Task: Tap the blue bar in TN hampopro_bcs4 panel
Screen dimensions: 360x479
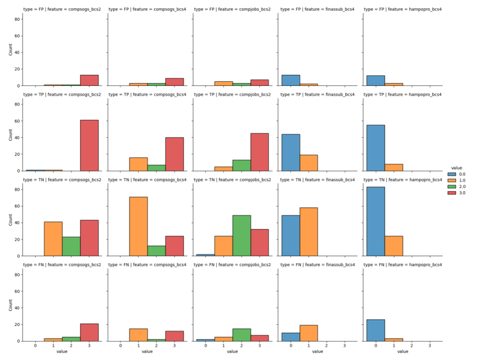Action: tap(375, 221)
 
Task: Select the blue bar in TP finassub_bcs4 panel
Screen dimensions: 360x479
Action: tap(290, 152)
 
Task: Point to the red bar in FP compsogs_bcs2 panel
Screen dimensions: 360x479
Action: tap(89, 80)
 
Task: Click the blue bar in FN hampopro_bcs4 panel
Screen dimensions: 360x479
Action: tap(375, 330)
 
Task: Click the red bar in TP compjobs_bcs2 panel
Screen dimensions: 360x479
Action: tap(260, 151)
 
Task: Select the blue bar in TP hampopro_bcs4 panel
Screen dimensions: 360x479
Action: tap(375, 147)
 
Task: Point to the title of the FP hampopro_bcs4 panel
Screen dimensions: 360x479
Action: tap(402, 9)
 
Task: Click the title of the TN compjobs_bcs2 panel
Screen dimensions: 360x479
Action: tap(232, 180)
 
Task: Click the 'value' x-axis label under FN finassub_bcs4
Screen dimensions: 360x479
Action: tap(317, 351)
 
